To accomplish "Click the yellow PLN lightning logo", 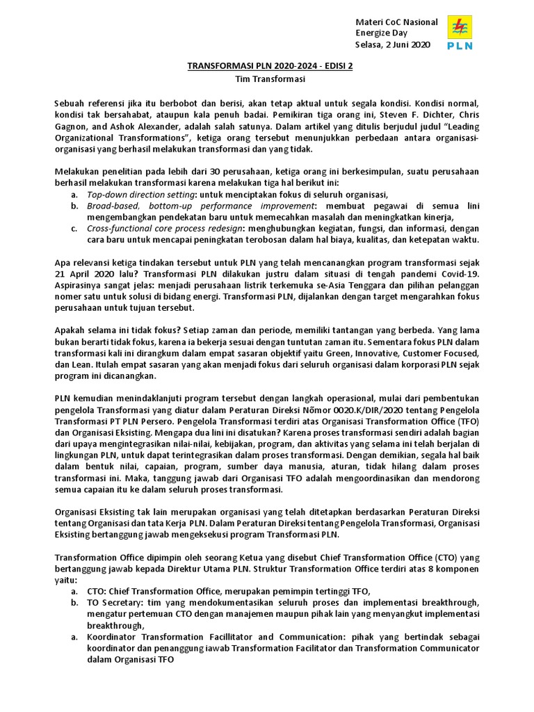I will [459, 28].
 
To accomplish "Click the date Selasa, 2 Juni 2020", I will [392, 44].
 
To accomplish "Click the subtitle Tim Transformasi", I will [267, 80].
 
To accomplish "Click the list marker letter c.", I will [74, 229].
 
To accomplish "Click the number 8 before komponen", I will [432, 568].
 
